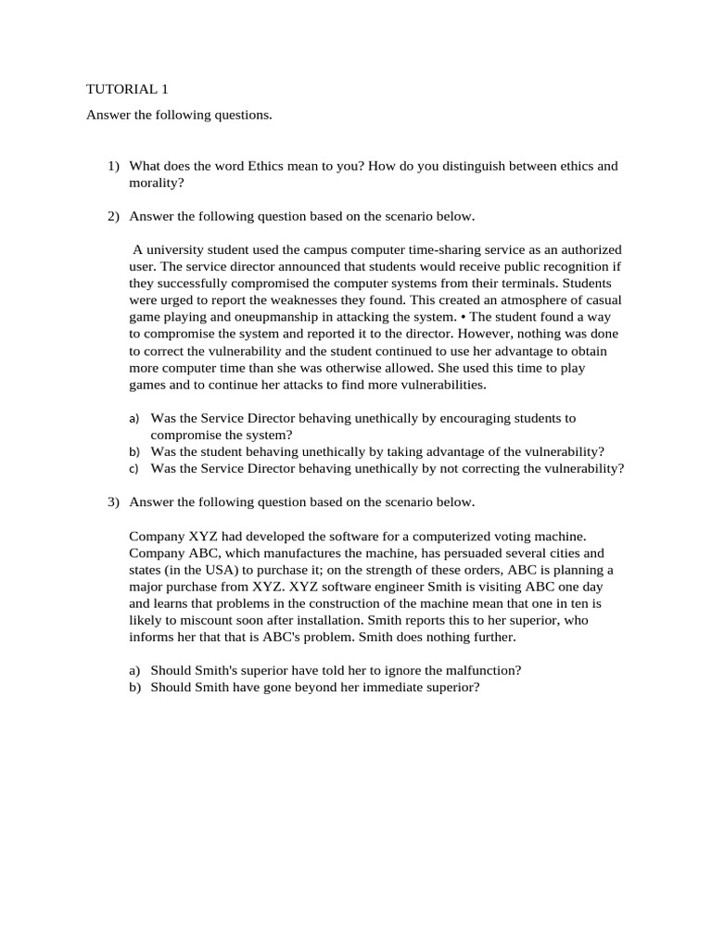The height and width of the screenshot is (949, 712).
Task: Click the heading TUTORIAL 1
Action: [x=127, y=90]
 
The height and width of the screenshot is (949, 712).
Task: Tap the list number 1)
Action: [x=113, y=166]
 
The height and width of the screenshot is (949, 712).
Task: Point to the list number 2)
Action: [x=113, y=217]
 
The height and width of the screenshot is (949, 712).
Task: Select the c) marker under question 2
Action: [x=134, y=469]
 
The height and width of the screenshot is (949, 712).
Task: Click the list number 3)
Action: [x=113, y=502]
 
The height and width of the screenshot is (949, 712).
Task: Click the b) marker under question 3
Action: [x=134, y=687]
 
